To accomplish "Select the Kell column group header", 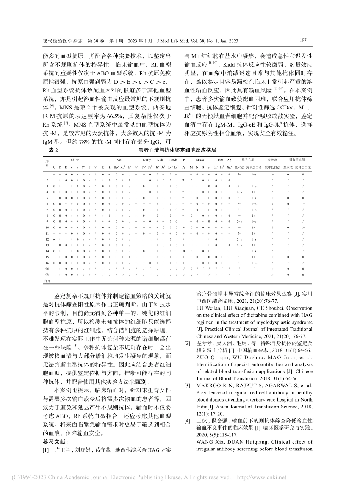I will click(x=120, y=160).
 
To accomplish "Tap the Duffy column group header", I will click(x=147, y=160).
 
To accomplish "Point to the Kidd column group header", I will click(x=160, y=160).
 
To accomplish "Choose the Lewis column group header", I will click(x=173, y=160).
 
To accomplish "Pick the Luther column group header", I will click(x=219, y=160).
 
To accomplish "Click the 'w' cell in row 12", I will click(x=54, y=239).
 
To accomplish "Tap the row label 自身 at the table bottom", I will click(x=47, y=281).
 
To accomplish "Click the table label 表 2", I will click(x=53, y=150).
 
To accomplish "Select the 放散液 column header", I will click(x=272, y=160).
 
